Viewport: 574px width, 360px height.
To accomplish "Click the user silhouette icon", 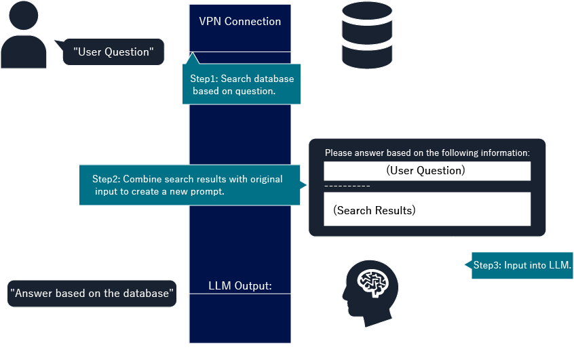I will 24,37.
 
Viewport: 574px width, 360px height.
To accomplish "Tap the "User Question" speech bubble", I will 113,52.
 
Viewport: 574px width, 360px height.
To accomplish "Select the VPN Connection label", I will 240,21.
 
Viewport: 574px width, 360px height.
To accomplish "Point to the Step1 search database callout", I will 241,85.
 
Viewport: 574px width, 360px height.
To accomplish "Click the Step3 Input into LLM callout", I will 522,265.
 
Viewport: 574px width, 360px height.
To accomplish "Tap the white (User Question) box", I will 427,171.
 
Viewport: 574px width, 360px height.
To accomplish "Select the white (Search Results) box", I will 427,209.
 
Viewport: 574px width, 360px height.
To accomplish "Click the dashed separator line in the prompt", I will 347,186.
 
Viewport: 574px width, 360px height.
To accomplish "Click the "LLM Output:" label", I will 240,286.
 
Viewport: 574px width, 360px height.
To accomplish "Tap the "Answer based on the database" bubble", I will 92,294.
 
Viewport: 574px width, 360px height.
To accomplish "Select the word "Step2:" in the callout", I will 107,180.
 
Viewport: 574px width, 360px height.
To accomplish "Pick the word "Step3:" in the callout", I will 487,265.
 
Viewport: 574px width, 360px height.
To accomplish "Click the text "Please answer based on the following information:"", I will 427,153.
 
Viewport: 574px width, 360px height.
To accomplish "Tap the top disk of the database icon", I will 367,13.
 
